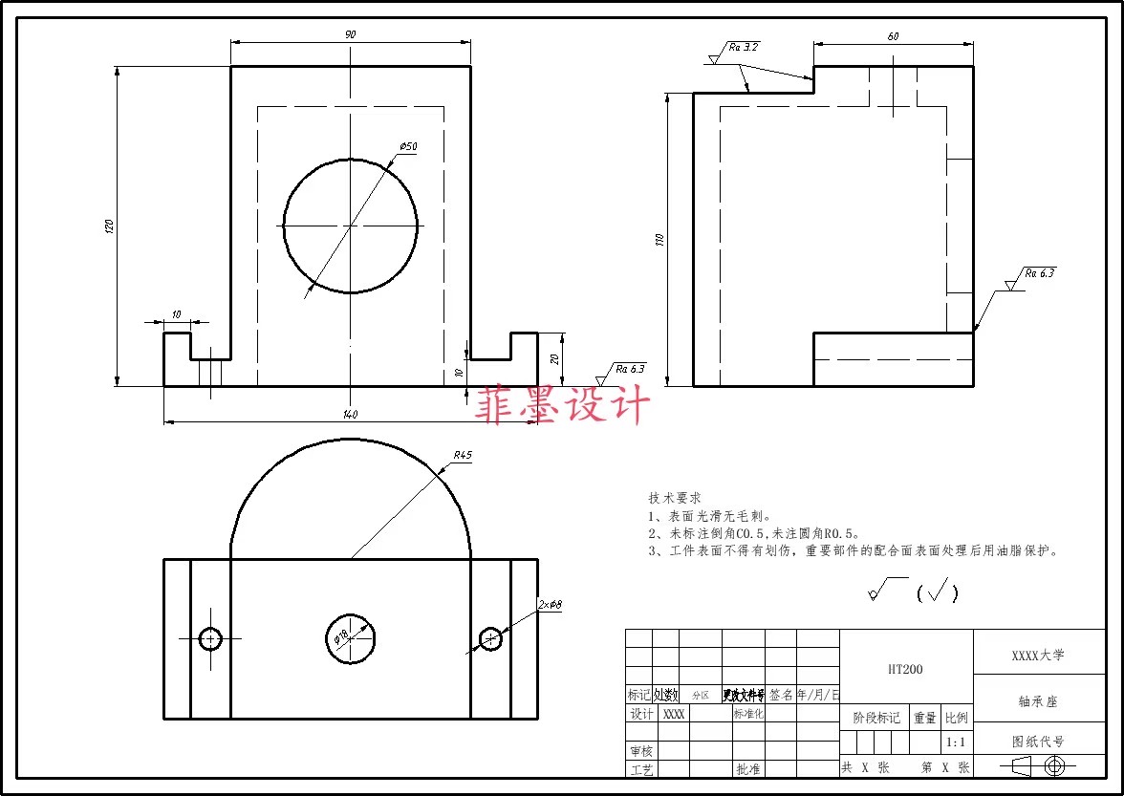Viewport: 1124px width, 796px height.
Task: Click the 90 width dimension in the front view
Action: (350, 34)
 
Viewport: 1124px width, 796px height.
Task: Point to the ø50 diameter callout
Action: (408, 146)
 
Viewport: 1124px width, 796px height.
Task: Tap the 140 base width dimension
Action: (350, 415)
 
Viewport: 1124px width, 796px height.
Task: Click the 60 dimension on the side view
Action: (893, 36)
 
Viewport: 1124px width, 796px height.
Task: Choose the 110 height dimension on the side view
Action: (659, 240)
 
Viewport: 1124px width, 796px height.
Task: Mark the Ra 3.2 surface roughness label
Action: (744, 47)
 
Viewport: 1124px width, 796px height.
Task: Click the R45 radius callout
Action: (463, 456)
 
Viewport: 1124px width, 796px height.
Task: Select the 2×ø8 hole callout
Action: (550, 605)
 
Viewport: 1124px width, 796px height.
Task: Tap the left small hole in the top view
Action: (210, 638)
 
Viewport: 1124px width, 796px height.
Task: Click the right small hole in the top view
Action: (490, 638)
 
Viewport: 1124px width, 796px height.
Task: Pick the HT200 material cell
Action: (905, 670)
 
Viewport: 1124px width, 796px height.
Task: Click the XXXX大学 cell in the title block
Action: (1038, 656)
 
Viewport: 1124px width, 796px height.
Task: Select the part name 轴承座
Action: (1038, 701)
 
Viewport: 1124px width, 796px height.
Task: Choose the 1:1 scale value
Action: (955, 742)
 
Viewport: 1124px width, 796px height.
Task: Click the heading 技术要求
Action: (675, 498)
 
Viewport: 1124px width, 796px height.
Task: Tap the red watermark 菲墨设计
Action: (563, 405)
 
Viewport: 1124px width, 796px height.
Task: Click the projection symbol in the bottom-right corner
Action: (1038, 765)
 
